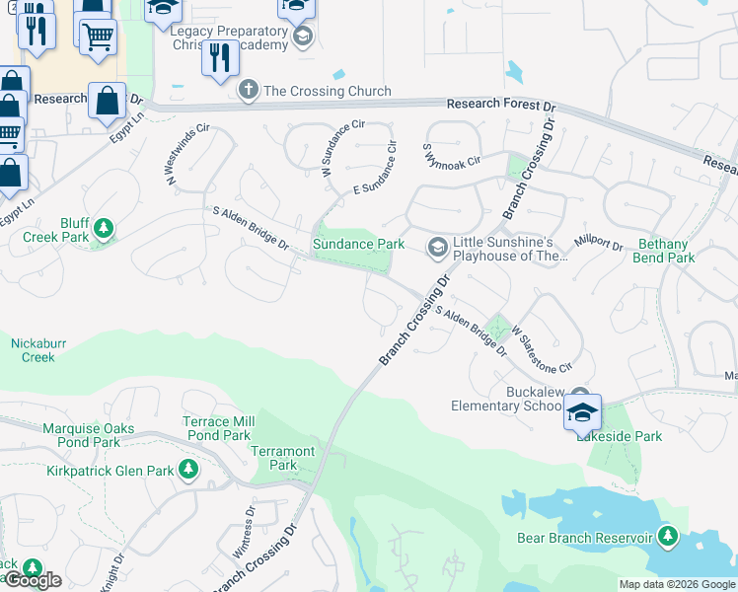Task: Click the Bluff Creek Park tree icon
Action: point(103,231)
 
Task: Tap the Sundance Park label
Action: point(358,244)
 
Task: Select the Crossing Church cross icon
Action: point(248,91)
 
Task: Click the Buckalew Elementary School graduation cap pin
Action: point(583,412)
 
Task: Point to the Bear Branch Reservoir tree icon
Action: point(669,537)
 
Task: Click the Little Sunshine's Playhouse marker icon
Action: point(436,246)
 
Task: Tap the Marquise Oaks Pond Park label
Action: point(81,435)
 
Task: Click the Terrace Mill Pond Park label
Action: point(218,428)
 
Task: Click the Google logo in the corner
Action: point(33,580)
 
